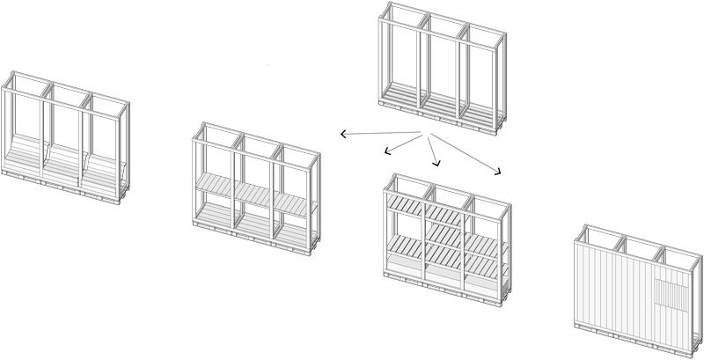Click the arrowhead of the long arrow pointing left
343,134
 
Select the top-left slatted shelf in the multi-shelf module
407,203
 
